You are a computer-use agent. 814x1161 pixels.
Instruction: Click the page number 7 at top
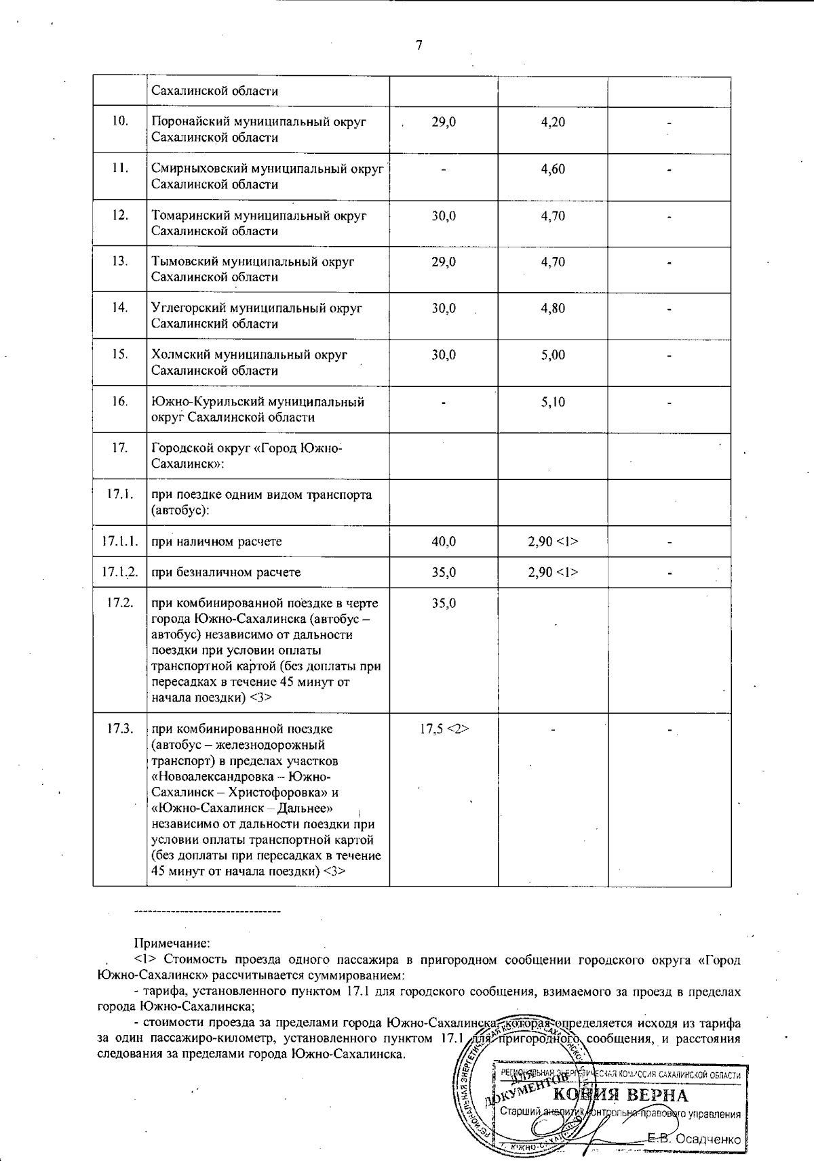[419, 45]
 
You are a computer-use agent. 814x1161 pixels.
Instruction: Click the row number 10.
[120, 121]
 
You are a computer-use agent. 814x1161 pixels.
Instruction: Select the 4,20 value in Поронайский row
[553, 122]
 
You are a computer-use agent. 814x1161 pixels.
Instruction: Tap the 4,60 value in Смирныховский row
[553, 169]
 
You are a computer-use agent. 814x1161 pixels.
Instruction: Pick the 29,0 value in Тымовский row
[444, 262]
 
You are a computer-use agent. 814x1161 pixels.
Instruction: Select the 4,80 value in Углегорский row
[553, 308]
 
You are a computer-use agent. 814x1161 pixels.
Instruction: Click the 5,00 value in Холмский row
[553, 355]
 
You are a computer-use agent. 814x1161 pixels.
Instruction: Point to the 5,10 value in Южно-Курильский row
[553, 402]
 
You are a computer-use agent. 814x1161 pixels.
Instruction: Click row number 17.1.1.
[120, 541]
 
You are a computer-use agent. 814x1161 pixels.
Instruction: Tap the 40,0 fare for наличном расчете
[444, 542]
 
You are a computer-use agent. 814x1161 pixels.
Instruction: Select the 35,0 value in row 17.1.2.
[444, 572]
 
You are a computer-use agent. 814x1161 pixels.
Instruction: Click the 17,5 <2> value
[444, 729]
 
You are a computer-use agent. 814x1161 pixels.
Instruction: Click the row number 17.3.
[120, 729]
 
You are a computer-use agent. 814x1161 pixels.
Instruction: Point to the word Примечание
[172, 943]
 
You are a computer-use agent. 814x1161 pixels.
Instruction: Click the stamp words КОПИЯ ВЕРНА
[621, 1095]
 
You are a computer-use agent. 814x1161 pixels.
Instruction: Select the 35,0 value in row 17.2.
[444, 603]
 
